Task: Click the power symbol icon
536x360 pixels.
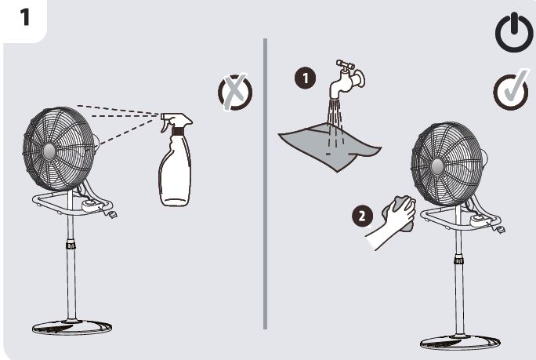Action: click(514, 32)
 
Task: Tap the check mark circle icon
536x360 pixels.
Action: click(511, 90)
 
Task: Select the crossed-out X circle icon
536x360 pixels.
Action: click(235, 92)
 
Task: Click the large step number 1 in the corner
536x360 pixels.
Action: click(24, 17)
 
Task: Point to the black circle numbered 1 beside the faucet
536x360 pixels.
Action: click(306, 78)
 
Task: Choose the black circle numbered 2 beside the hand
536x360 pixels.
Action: click(362, 216)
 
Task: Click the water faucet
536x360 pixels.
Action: click(346, 79)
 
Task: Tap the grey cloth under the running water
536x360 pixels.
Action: click(329, 146)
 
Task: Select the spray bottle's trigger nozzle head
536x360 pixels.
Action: click(176, 121)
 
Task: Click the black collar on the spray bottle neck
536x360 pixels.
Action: click(178, 131)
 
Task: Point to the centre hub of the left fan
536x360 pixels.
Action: click(49, 151)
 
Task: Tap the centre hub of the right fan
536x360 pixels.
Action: click(437, 166)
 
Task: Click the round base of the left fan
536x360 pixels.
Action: click(72, 327)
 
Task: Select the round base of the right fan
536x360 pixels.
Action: click(460, 343)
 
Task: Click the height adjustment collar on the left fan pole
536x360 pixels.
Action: click(71, 245)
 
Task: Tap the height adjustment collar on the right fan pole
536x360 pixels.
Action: click(458, 260)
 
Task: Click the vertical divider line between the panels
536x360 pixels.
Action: click(266, 184)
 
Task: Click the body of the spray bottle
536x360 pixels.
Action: click(175, 170)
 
